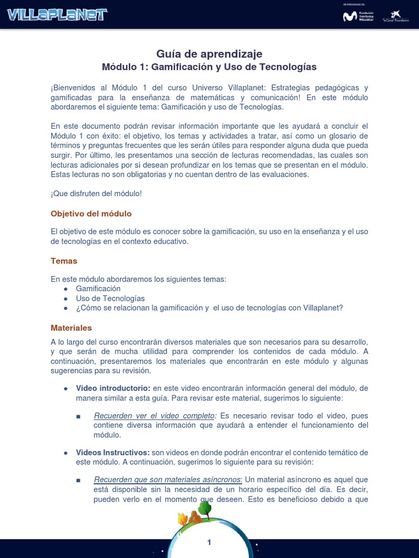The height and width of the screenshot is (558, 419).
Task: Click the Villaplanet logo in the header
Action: pyautogui.click(x=57, y=14)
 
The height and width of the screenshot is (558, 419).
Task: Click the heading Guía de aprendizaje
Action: pyautogui.click(x=209, y=53)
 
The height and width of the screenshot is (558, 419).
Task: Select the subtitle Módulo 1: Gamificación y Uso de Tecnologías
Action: pyautogui.click(x=209, y=67)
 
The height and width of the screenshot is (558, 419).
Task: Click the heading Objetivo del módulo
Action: pyautogui.click(x=91, y=214)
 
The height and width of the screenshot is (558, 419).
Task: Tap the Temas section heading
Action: pyautogui.click(x=64, y=261)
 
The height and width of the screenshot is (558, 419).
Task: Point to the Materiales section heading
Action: pyautogui.click(x=71, y=328)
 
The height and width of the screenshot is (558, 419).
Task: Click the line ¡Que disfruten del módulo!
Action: pyautogui.click(x=96, y=193)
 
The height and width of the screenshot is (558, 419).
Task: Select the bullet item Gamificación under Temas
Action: pyautogui.click(x=98, y=289)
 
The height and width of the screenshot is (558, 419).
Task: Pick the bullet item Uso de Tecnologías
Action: pyautogui.click(x=110, y=299)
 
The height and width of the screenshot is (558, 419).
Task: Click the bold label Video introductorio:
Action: pyautogui.click(x=113, y=388)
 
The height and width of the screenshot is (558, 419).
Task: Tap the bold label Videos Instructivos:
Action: pyautogui.click(x=113, y=453)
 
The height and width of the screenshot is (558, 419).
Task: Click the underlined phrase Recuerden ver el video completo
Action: pyautogui.click(x=154, y=416)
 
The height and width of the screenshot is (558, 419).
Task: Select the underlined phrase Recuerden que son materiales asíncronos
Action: pyautogui.click(x=167, y=480)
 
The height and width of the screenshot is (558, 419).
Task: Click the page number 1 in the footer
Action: pyautogui.click(x=209, y=542)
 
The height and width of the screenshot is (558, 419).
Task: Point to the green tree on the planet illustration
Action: pyautogui.click(x=205, y=508)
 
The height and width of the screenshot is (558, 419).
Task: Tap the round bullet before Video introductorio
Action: pyautogui.click(x=65, y=389)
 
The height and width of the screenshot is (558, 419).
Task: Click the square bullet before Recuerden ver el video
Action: pyautogui.click(x=79, y=416)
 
